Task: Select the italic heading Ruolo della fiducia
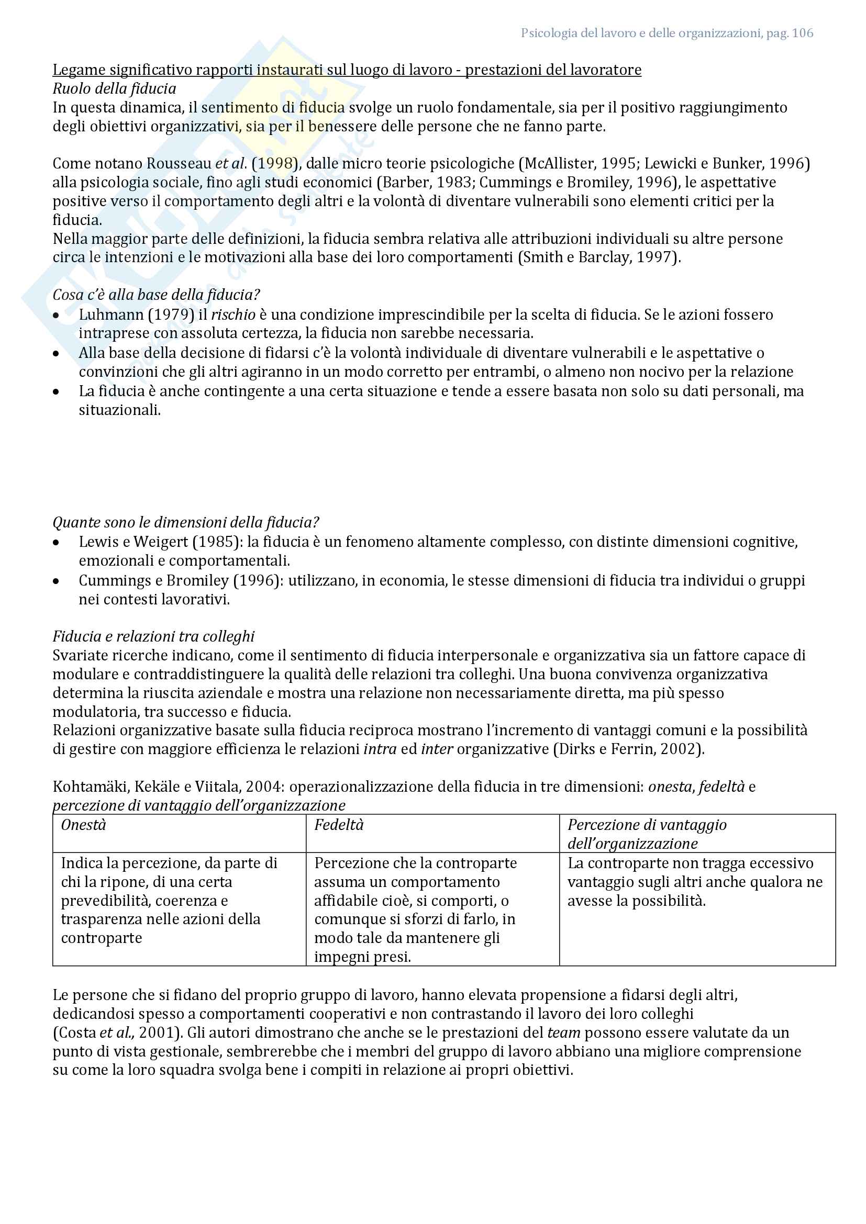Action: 114,88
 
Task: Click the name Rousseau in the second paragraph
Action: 179,164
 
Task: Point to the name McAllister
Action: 559,164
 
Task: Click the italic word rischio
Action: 233,315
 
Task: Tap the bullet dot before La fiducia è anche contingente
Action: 57,392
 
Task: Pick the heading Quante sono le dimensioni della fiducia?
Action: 185,522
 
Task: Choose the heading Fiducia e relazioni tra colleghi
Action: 153,636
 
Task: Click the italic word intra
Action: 380,749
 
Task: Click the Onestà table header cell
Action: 84,825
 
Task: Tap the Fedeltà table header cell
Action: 339,825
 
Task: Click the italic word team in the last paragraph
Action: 564,1032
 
